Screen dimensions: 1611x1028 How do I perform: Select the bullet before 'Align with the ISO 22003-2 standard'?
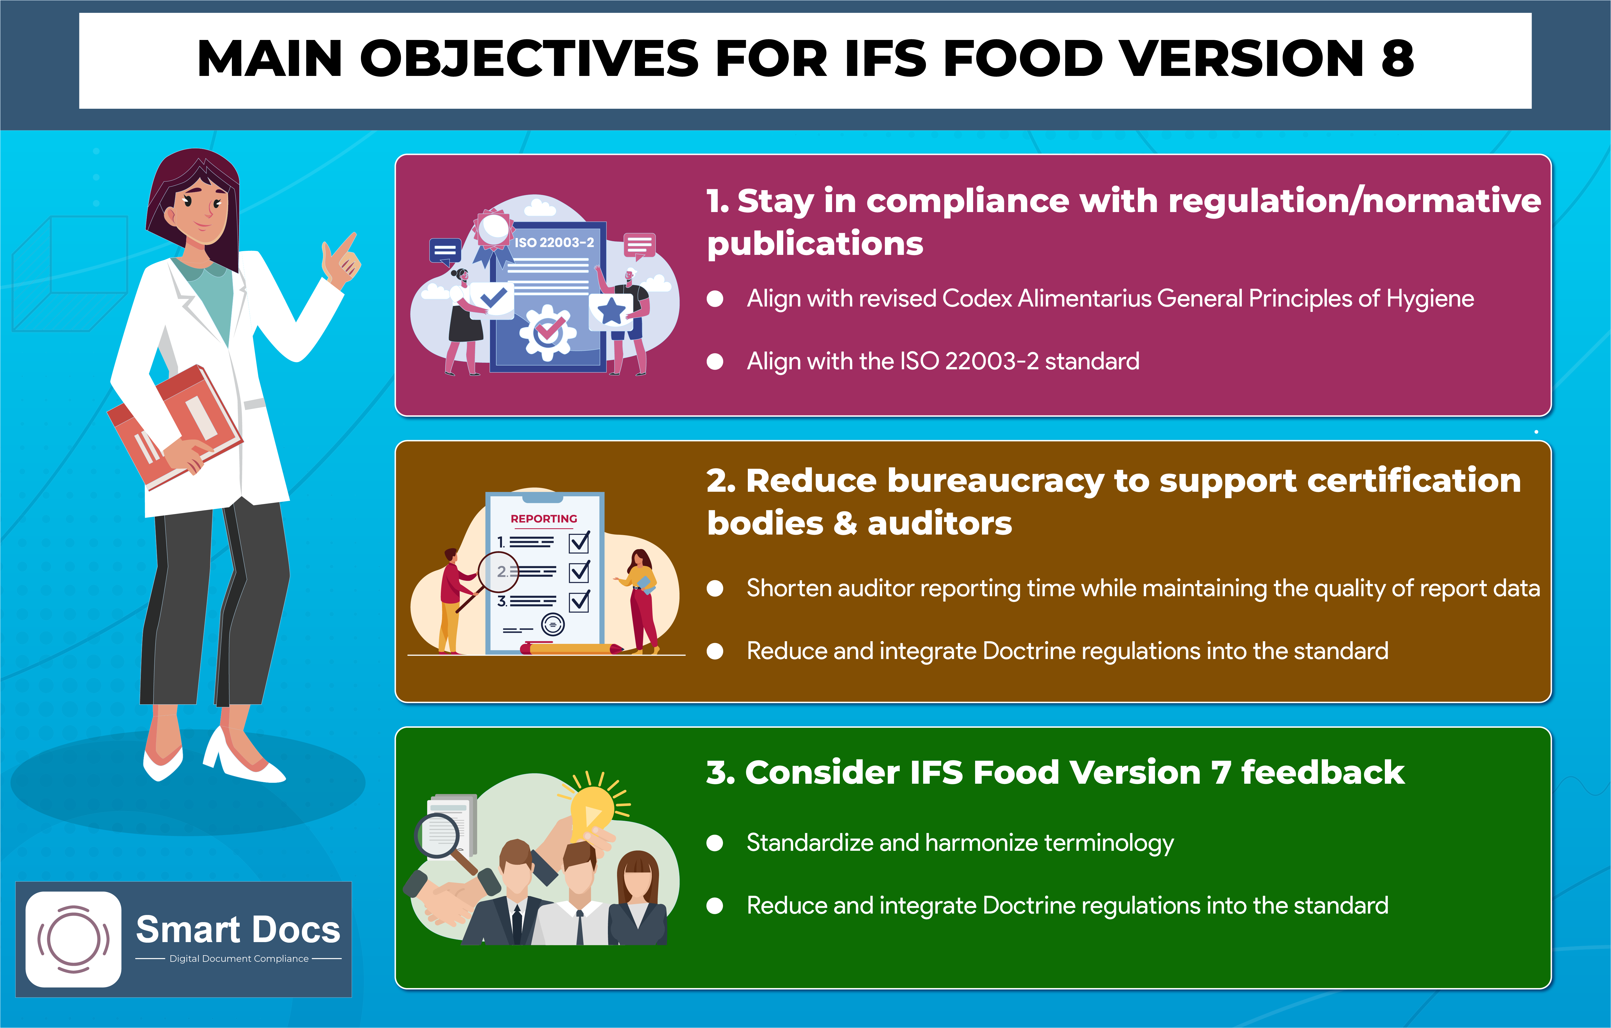tap(715, 361)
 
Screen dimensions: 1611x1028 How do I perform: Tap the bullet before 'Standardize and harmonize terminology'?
tap(715, 843)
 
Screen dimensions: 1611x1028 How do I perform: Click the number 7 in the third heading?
tap(1221, 773)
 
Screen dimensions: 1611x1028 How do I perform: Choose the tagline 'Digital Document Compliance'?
tap(239, 958)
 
